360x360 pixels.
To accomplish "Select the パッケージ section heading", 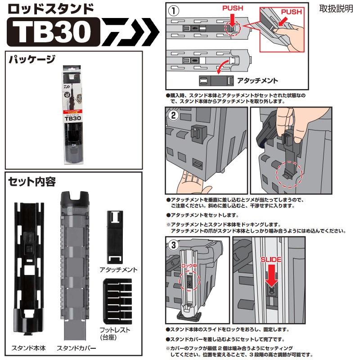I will click(x=31, y=59).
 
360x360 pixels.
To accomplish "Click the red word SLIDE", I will click(x=271, y=260).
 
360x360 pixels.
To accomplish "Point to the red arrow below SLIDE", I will click(x=271, y=277).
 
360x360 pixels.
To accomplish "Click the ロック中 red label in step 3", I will click(x=189, y=267).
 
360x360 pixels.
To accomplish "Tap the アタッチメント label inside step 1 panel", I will click(x=257, y=81).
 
